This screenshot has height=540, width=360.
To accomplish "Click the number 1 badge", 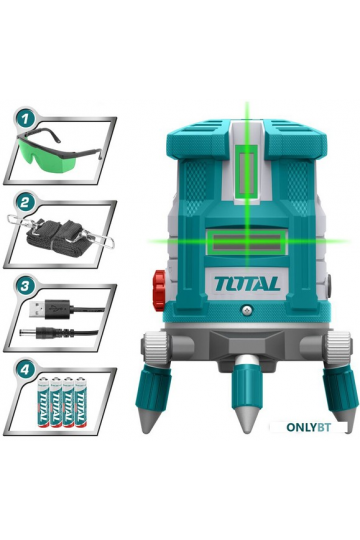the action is (24, 120).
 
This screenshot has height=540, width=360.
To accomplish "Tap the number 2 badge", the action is (24, 202).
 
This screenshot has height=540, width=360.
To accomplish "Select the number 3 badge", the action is (24, 286).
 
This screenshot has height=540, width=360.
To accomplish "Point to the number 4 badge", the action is (24, 370).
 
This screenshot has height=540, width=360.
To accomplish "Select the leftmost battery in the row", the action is (43, 402).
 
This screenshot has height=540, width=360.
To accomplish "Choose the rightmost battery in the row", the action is (81, 402).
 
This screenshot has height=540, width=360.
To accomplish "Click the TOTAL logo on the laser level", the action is (247, 284).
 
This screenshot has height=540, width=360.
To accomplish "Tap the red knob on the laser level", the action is (159, 290).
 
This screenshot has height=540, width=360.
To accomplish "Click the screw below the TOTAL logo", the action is (247, 310).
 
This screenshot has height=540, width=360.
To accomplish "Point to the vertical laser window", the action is (247, 173).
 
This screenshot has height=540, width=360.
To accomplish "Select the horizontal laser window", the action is (247, 242).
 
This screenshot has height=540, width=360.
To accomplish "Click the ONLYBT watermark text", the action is (308, 427).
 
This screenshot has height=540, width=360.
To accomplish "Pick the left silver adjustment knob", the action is (156, 347).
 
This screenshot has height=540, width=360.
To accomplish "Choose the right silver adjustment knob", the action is (338, 347).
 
